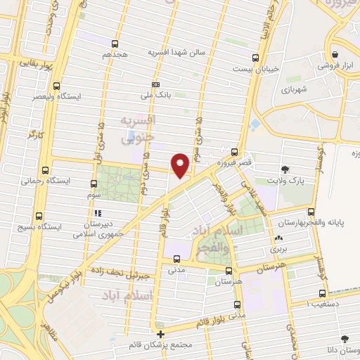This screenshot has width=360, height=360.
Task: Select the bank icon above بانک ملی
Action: click(x=155, y=84)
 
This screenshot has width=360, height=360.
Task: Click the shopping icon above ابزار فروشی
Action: click(x=335, y=55)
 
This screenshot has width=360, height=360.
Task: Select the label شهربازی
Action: click(x=296, y=89)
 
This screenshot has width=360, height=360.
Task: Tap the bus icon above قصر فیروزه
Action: click(x=234, y=151)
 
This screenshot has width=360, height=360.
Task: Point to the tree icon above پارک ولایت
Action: click(x=285, y=169)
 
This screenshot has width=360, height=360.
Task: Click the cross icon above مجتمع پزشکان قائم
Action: click(x=161, y=334)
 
